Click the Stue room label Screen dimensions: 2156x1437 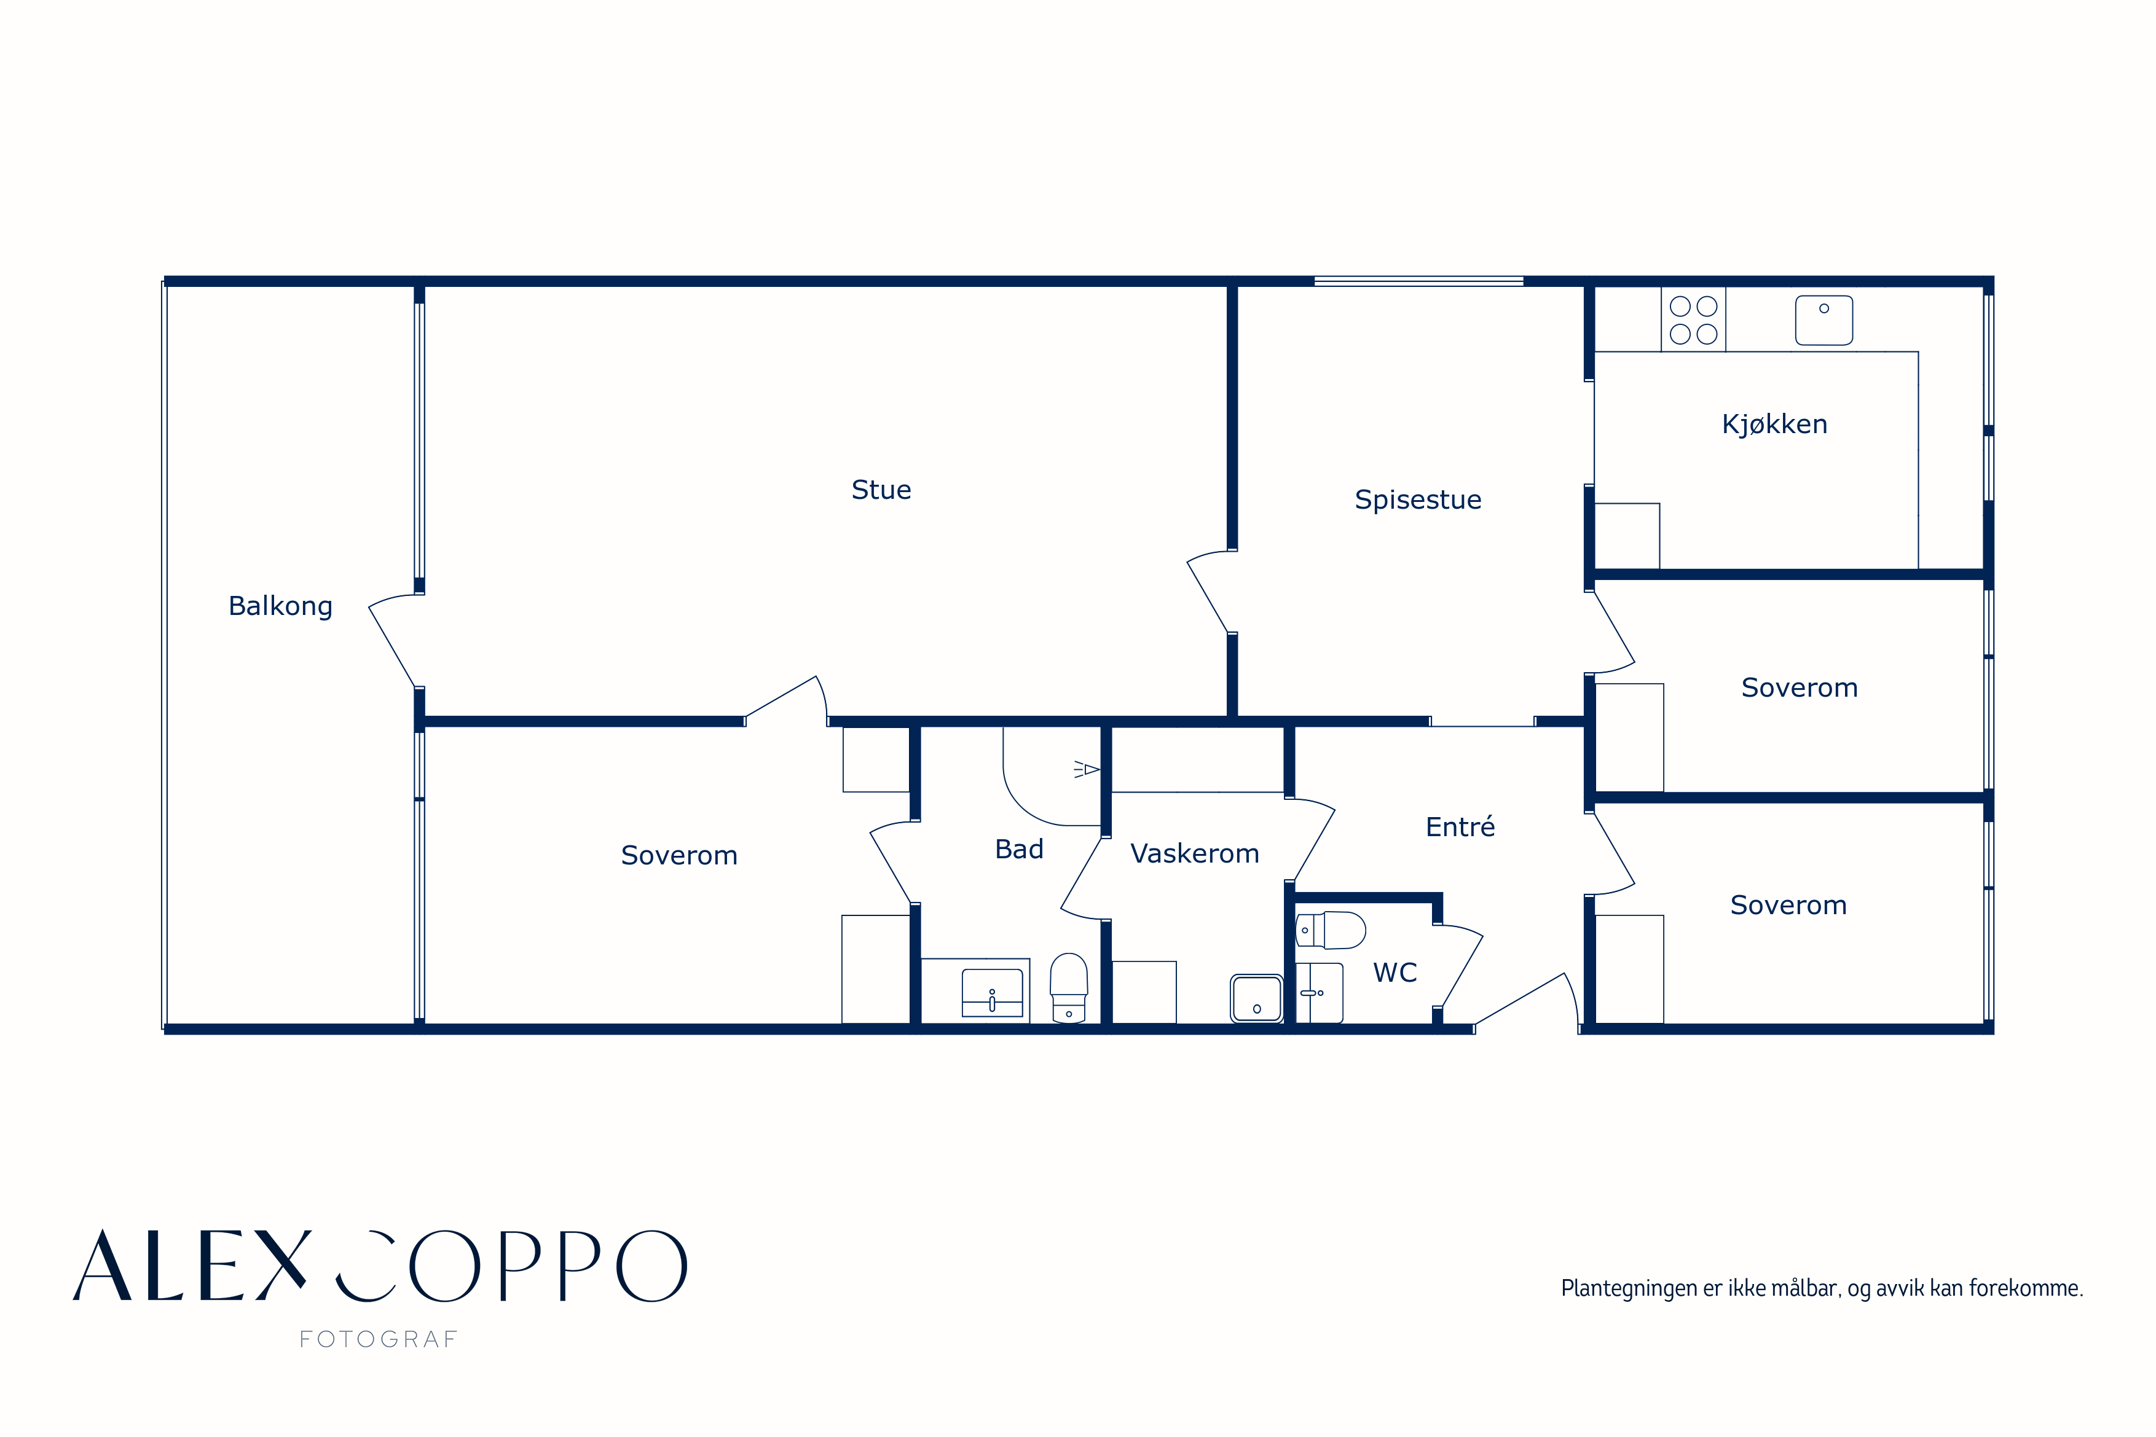881,490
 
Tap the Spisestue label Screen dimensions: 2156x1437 1417,499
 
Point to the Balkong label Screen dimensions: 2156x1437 280,607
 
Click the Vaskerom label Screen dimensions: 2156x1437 1194,853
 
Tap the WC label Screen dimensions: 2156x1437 1395,973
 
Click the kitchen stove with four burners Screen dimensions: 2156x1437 1693,320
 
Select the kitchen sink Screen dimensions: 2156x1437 1824,320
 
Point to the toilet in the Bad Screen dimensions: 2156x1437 1069,988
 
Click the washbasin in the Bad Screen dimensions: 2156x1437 992,993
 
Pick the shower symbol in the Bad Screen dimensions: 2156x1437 1086,769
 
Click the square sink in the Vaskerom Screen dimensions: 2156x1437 1256,998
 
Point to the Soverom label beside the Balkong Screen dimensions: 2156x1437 679,855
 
